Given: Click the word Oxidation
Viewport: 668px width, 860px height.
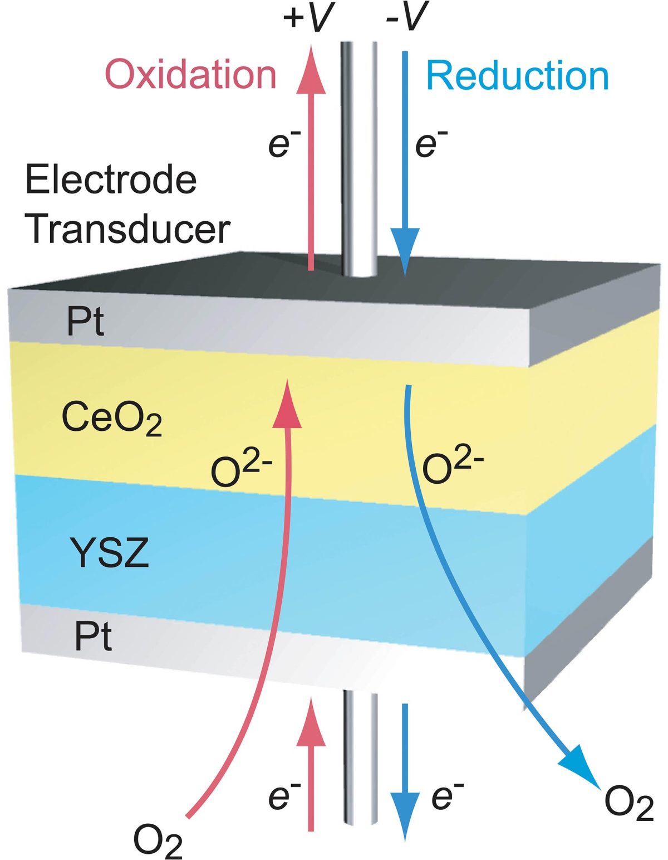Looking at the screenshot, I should coord(190,75).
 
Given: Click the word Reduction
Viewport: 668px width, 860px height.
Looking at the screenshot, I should coord(517,76).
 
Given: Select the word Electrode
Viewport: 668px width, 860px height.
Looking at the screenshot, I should coord(111,180).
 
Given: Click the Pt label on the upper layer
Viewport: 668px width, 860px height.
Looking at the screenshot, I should coord(85,322).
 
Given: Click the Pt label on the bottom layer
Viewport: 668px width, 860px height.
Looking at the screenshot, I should coord(93,637).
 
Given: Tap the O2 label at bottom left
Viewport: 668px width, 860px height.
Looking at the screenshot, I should coord(158,840).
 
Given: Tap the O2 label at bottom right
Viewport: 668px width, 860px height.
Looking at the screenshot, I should coord(628,803).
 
